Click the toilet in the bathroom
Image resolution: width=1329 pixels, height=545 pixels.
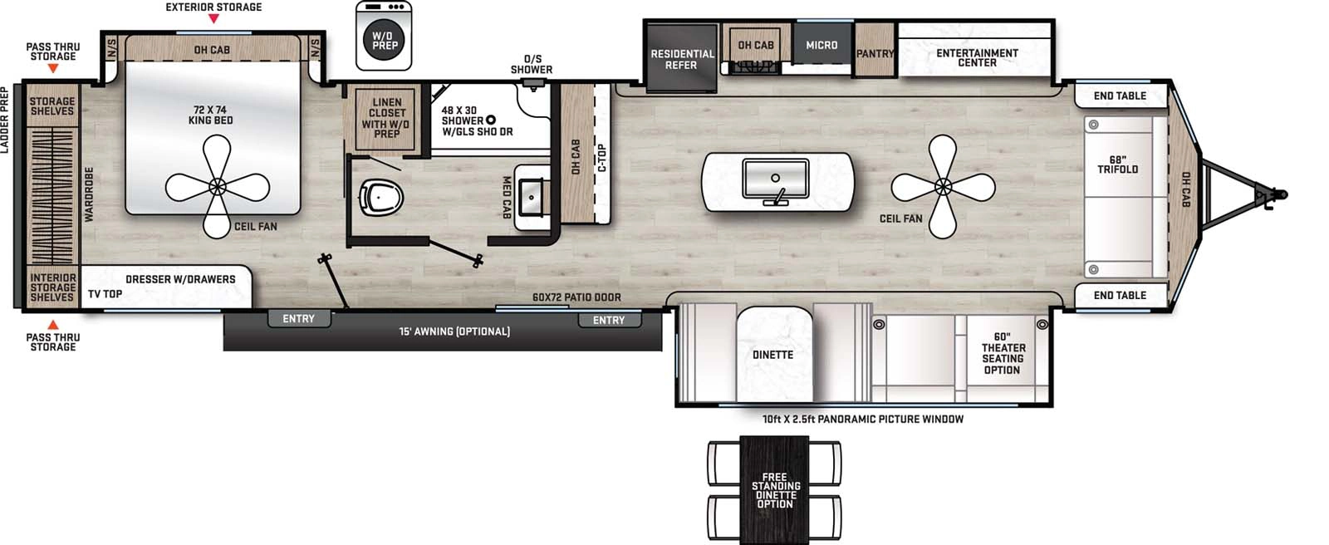[381, 198]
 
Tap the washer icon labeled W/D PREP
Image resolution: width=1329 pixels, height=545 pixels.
[384, 36]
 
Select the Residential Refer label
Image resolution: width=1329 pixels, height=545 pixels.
[681, 59]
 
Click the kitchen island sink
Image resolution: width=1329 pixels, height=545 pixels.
[776, 179]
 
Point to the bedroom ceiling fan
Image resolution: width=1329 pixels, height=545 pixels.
[218, 186]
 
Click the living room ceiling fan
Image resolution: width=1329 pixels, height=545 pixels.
[944, 187]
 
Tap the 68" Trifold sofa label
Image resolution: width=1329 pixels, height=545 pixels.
[1117, 164]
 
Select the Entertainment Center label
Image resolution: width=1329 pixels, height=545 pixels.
[977, 57]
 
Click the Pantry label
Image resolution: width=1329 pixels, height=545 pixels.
[875, 53]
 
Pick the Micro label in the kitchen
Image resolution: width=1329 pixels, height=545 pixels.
[821, 45]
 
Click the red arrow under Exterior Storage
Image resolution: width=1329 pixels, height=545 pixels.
[213, 18]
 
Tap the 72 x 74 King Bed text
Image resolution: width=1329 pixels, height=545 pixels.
[211, 115]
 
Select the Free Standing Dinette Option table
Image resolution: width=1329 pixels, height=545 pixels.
[774, 490]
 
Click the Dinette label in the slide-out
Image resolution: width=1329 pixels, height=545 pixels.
[772, 355]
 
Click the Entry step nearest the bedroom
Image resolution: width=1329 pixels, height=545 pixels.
[298, 319]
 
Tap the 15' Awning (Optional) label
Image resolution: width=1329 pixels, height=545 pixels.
[454, 331]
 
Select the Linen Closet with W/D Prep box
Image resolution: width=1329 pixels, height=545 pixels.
[386, 118]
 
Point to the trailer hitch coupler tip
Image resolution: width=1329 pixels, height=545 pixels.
[1282, 194]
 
